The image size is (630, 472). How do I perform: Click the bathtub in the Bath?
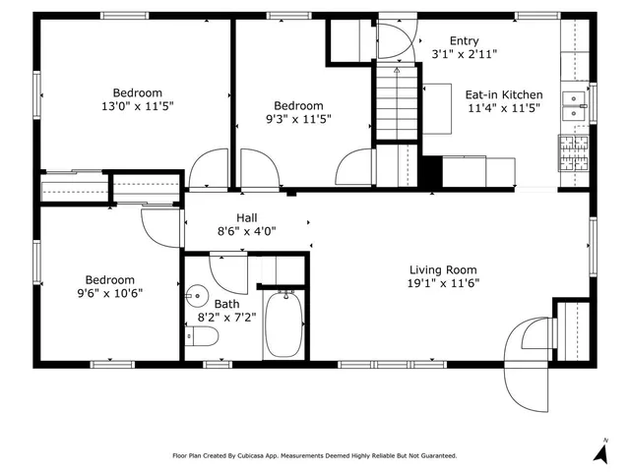(x=285, y=324)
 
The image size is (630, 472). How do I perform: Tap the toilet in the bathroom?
(x=204, y=337)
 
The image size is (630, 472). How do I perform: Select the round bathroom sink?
(x=198, y=296)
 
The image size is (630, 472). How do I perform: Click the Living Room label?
(x=443, y=270)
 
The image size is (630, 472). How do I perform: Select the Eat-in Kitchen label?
(x=503, y=95)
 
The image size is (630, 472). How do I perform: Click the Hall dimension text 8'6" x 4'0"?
(x=247, y=232)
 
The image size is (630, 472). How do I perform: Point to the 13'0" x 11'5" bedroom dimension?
(x=137, y=105)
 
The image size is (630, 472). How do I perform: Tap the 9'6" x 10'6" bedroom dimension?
(x=109, y=293)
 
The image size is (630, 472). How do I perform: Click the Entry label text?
(x=464, y=40)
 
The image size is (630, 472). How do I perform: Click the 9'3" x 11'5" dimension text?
(x=298, y=119)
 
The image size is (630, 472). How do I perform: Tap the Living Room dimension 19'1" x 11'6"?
(x=443, y=284)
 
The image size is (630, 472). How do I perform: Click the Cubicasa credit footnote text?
(x=315, y=455)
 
